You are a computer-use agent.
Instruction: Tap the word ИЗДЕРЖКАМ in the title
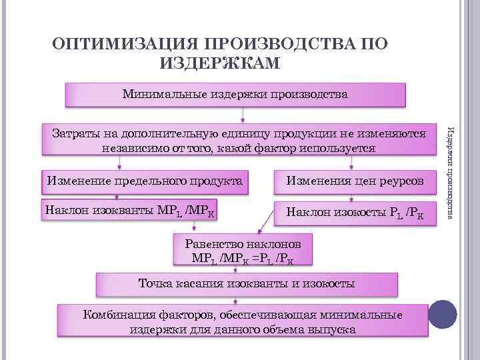coord(221,63)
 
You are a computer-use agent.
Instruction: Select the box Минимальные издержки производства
coord(235,95)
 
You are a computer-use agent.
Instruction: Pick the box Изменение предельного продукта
coord(144,180)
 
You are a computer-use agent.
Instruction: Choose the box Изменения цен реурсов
coord(354,181)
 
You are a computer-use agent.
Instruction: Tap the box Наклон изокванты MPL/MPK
coord(132,212)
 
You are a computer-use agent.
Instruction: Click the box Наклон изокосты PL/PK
coord(354,213)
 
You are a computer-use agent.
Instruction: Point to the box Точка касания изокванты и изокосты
coord(246,284)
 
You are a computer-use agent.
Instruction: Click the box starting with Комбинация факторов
coord(242,321)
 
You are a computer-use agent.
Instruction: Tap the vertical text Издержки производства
coord(450,170)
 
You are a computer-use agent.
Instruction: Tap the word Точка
coord(155,284)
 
